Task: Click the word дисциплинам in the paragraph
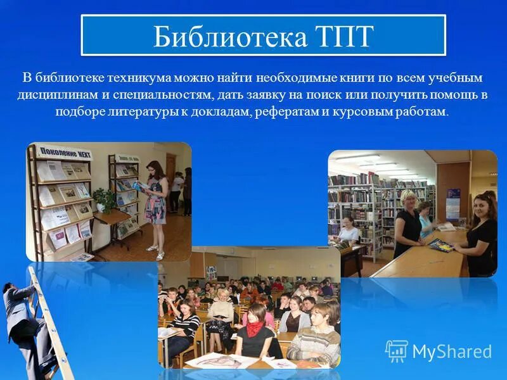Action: pyautogui.click(x=55, y=95)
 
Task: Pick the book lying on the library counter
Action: pyautogui.click(x=441, y=244)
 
